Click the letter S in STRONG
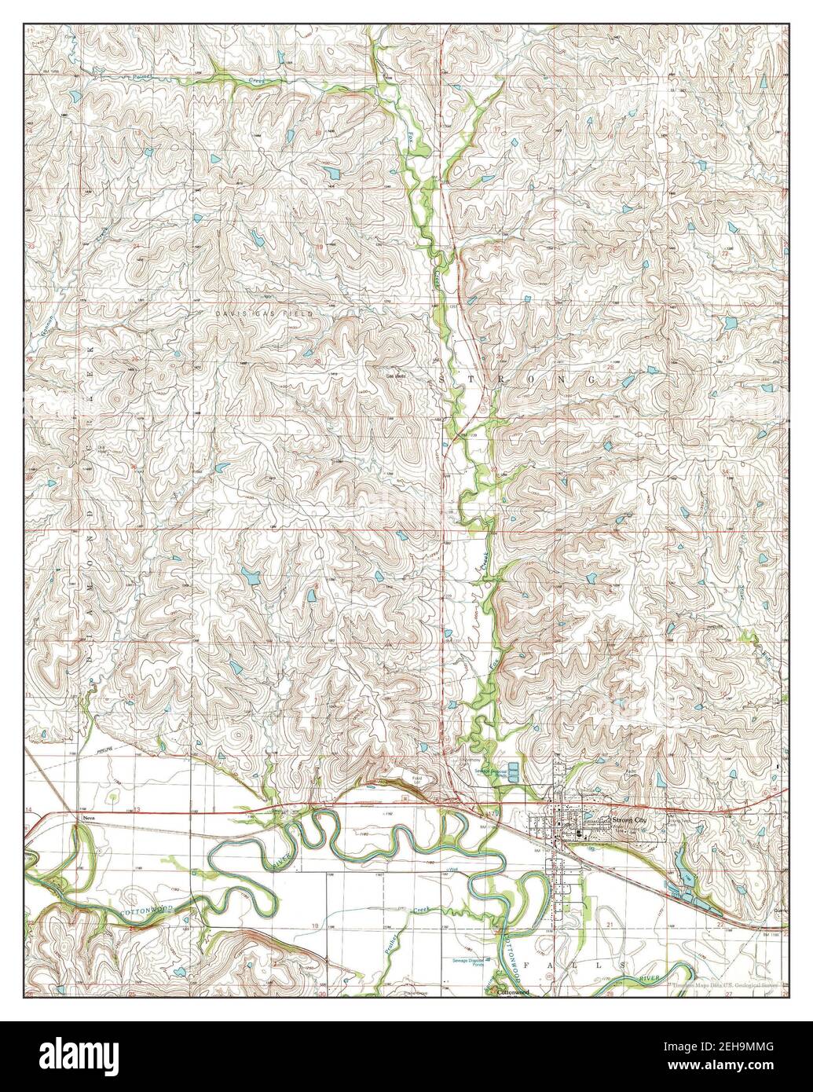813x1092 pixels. coord(446,379)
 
